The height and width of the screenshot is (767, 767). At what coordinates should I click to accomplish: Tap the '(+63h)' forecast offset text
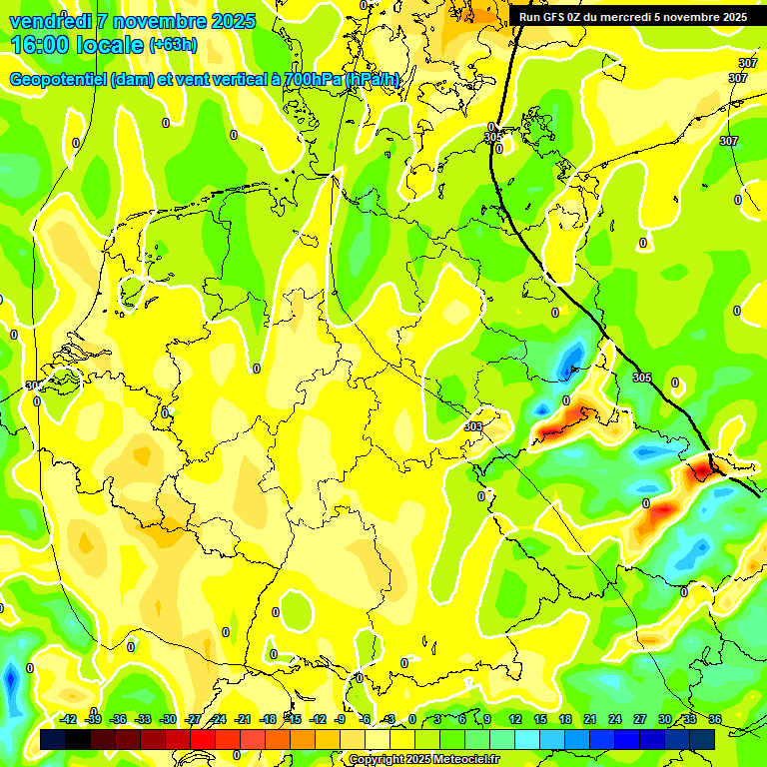click(x=173, y=45)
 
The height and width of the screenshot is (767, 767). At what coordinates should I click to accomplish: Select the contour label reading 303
click(x=473, y=426)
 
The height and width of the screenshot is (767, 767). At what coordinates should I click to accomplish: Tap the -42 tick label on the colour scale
click(x=69, y=719)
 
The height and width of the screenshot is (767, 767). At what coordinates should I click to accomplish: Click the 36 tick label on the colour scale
click(x=715, y=719)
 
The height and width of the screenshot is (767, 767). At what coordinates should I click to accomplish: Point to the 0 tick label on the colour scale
click(x=412, y=719)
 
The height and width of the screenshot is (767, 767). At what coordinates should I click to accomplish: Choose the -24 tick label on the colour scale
click(x=218, y=719)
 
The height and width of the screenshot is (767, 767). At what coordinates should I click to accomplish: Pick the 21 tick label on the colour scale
click(x=591, y=719)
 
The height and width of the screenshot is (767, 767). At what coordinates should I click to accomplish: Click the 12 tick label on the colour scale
click(x=515, y=719)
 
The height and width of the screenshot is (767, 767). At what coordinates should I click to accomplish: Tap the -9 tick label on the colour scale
click(x=341, y=719)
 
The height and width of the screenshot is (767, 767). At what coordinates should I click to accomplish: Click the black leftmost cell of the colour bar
click(x=53, y=739)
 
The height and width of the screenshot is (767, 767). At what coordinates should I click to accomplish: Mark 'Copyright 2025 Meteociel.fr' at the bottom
click(x=423, y=760)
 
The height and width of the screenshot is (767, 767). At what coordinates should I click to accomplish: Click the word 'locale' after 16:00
click(x=111, y=45)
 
